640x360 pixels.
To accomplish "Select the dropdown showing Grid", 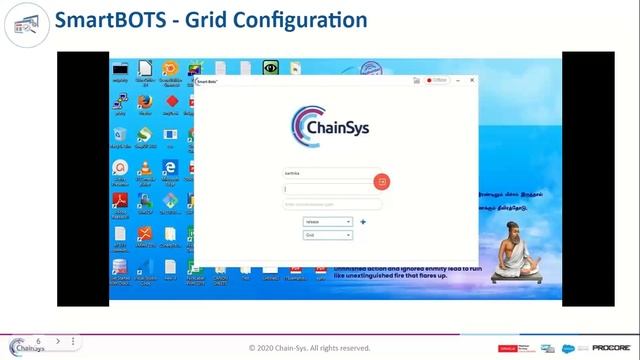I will tap(328, 235).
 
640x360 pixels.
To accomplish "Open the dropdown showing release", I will tap(328, 221).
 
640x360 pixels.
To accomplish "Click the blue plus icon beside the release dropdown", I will tap(363, 221).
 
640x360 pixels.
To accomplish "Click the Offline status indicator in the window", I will tap(437, 79).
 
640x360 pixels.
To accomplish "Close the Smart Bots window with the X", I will tap(470, 79).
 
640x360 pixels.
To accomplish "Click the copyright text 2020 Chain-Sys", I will tap(309, 348).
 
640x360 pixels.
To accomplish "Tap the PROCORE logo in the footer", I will tap(609, 348).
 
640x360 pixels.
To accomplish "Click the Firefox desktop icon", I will tap(145, 101).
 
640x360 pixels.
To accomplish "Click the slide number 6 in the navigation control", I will tap(38, 341).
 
